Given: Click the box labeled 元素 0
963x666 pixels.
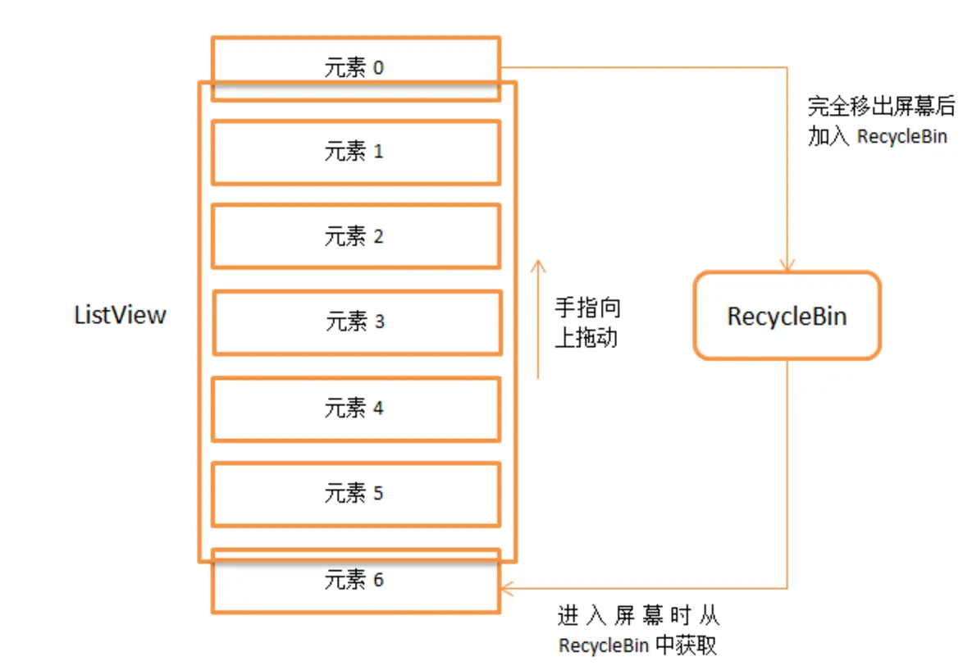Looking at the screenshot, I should [x=355, y=68].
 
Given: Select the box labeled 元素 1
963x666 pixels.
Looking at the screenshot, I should [x=355, y=152].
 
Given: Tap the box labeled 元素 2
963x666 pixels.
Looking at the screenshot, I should [x=355, y=236].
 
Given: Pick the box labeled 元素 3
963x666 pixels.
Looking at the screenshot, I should [x=357, y=322].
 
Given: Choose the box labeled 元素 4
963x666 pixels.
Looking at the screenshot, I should [x=355, y=408].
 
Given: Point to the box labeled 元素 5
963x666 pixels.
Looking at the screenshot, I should [x=355, y=494].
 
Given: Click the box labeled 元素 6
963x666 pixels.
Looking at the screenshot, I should [x=355, y=581].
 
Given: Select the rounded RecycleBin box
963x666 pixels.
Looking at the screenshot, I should [x=787, y=317].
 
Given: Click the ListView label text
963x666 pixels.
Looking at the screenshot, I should [x=120, y=315].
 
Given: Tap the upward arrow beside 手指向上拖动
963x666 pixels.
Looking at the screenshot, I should [x=538, y=320].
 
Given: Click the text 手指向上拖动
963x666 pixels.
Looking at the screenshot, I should [x=587, y=323].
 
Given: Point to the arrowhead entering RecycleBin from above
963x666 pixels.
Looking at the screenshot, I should [x=787, y=266].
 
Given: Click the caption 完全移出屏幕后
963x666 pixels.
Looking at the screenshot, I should [x=881, y=106].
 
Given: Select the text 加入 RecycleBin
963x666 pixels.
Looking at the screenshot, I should [x=877, y=136].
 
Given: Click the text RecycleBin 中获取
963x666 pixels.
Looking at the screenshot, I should [x=637, y=645].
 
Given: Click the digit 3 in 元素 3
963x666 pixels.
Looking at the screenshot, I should [x=379, y=322].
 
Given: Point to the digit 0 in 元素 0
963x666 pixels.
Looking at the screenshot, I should [x=378, y=68].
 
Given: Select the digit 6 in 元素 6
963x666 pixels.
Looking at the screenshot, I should [x=378, y=581].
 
